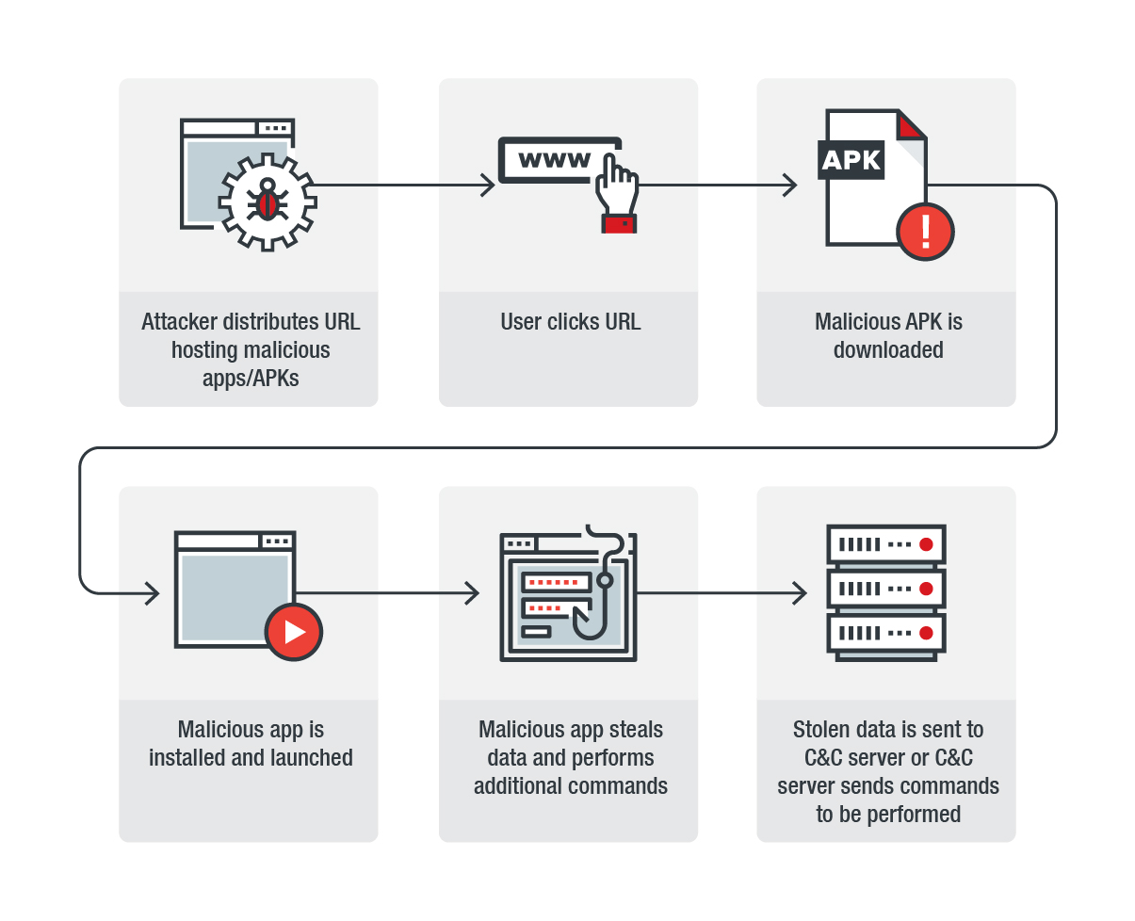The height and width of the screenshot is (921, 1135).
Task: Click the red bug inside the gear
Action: (x=268, y=202)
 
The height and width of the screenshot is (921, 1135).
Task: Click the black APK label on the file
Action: (x=851, y=160)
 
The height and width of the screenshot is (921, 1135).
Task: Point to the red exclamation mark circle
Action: (x=925, y=231)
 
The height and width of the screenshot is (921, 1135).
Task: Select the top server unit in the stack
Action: (x=885, y=544)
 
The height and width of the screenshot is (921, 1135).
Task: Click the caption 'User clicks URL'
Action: (x=570, y=322)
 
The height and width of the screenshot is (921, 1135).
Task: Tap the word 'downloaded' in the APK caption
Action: (x=888, y=350)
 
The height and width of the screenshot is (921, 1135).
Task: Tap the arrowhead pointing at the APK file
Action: (x=790, y=186)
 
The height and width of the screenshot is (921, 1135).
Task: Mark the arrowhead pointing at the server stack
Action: (x=801, y=593)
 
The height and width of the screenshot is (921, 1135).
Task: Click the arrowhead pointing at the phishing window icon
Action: (x=473, y=593)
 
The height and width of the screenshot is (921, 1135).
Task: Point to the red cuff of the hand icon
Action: (x=619, y=223)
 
